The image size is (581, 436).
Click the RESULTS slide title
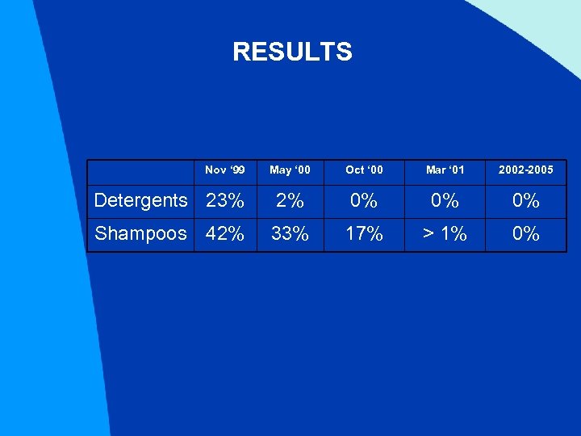click(x=292, y=52)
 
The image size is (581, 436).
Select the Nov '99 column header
click(x=225, y=170)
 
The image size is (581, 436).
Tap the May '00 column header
click(x=290, y=170)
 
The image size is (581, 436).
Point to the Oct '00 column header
click(x=364, y=170)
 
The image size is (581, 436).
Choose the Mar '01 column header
click(x=445, y=170)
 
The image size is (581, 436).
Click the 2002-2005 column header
click(x=525, y=170)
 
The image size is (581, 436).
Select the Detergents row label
click(x=140, y=200)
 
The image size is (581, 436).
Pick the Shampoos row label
click(x=140, y=234)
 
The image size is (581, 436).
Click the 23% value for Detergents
click(x=225, y=200)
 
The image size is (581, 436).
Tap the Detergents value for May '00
click(x=290, y=200)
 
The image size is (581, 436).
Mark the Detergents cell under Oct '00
click(x=364, y=200)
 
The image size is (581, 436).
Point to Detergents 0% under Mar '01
click(x=445, y=200)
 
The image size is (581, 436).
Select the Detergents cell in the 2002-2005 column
click(x=525, y=200)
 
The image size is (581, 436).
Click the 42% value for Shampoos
click(x=225, y=234)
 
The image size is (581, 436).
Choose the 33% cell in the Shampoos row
click(x=290, y=234)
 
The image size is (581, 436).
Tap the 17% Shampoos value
click(x=364, y=234)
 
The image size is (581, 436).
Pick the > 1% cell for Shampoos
click(x=445, y=234)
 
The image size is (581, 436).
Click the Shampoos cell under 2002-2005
click(x=525, y=234)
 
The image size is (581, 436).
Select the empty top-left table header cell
click(x=140, y=170)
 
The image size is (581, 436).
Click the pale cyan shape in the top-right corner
click(x=549, y=24)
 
